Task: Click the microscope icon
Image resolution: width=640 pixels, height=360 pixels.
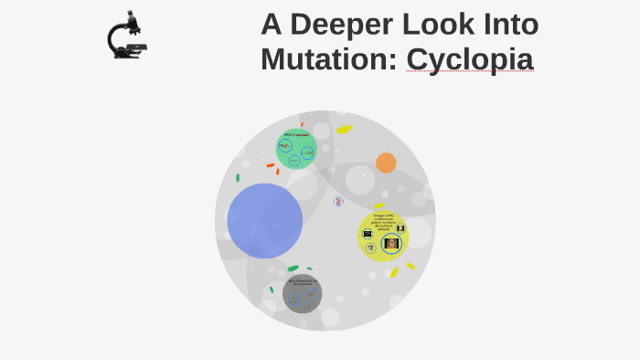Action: tap(127, 36)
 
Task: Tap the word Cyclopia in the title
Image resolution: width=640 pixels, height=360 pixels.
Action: tap(470, 58)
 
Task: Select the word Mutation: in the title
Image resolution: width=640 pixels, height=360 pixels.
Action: tap(329, 58)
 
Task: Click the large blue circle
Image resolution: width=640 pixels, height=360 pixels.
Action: tap(264, 220)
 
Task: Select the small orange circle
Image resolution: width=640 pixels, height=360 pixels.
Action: tap(386, 163)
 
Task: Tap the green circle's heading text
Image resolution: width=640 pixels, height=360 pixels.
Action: tap(296, 135)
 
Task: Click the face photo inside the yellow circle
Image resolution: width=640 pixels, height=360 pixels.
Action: tap(392, 244)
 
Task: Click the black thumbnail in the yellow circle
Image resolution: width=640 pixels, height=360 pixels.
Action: tap(400, 228)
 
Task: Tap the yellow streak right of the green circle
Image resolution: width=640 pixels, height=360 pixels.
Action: tap(343, 130)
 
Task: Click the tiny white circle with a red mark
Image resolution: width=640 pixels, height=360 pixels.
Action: tap(338, 201)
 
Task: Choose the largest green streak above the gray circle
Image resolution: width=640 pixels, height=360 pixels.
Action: tap(293, 269)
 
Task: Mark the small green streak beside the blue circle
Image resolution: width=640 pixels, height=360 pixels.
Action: tap(238, 177)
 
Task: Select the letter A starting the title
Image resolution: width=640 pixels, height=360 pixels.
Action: tap(271, 25)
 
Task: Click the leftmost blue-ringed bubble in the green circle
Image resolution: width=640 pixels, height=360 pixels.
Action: tap(285, 145)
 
